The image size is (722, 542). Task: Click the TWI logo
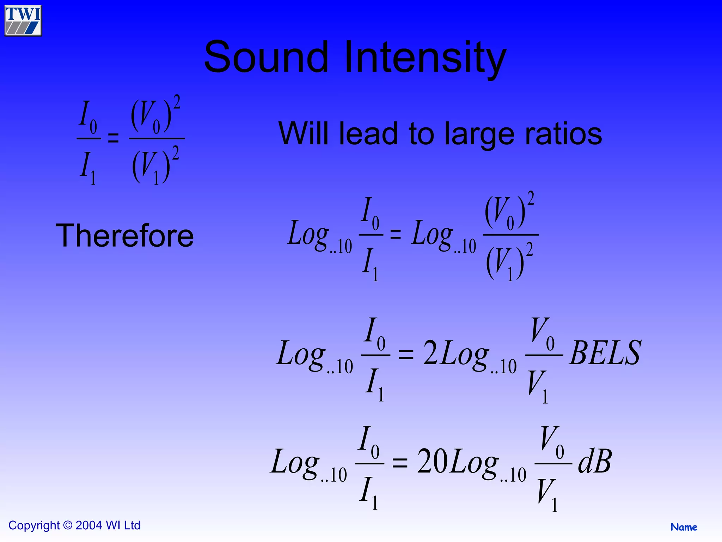[23, 20]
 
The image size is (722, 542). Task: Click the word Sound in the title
[266, 57]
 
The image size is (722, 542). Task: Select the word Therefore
[125, 236]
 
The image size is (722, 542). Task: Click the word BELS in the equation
[605, 353]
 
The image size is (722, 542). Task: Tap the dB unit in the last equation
[595, 462]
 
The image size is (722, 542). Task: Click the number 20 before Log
[433, 462]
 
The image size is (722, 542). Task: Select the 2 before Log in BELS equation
[430, 353]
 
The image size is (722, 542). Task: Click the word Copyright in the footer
[34, 525]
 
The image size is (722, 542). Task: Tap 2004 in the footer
[89, 525]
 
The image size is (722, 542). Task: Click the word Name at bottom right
[684, 527]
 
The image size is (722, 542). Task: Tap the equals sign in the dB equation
[400, 463]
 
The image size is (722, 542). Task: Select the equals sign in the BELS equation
[406, 354]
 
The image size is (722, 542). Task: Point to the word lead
[368, 134]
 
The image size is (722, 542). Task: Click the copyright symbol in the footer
[68, 525]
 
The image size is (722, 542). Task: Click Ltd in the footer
[132, 525]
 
